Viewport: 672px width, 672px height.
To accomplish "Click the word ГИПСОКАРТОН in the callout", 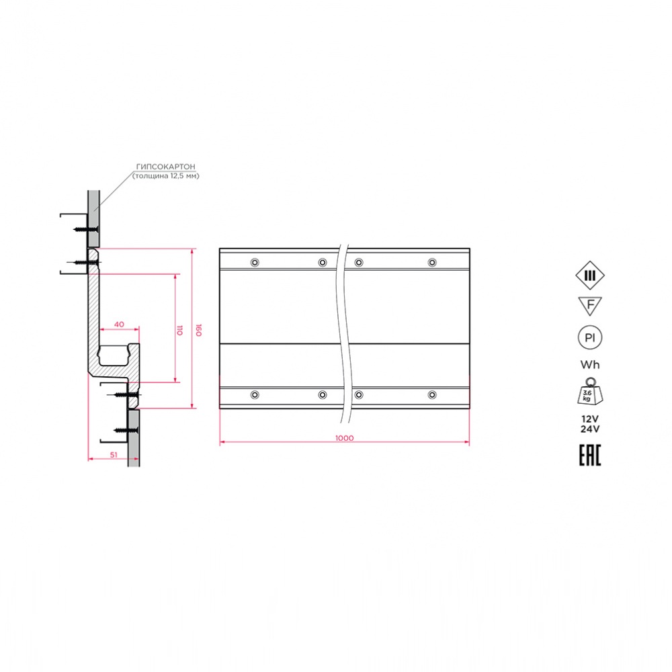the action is (x=165, y=166).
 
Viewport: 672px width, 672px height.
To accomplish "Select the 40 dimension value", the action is (x=119, y=325).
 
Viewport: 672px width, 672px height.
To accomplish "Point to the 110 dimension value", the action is (x=179, y=330).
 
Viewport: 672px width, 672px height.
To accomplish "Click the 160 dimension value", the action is (x=198, y=330).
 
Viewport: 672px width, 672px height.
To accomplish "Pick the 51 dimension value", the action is (x=114, y=455).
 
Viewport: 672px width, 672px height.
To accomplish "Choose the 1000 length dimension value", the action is (x=344, y=438).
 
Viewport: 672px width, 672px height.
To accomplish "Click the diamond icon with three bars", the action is (x=590, y=276).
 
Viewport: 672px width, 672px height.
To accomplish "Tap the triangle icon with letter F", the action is (x=590, y=306).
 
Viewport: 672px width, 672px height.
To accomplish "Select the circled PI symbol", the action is (x=590, y=338).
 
